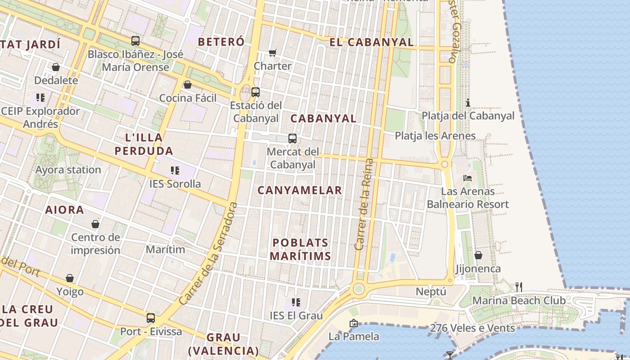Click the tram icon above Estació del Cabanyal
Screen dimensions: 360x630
pos(256,92)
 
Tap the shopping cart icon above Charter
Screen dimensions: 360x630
pos(272,53)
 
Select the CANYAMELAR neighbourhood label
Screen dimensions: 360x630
pos(300,190)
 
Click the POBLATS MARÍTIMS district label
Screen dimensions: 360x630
pos(301,249)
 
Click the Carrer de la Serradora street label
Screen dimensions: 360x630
pos(208,253)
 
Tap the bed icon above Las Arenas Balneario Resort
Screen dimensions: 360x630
pos(468,178)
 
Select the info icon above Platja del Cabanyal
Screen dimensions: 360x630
pos(468,103)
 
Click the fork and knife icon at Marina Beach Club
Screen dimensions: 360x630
pos(518,286)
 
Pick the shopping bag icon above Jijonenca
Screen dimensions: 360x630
pos(478,255)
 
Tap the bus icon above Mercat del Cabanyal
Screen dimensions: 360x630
pos(292,139)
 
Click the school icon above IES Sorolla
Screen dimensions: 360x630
pos(175,171)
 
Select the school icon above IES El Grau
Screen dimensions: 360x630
pos(296,302)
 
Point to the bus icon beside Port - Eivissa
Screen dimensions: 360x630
pos(151,318)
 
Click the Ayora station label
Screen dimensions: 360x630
pos(68,170)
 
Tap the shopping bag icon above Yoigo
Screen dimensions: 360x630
pos(70,278)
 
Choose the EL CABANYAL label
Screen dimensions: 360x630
pos(371,42)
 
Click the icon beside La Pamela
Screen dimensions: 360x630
pos(353,323)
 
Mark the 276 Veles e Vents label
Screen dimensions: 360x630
pos(472,328)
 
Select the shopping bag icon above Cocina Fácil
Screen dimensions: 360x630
pos(188,85)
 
